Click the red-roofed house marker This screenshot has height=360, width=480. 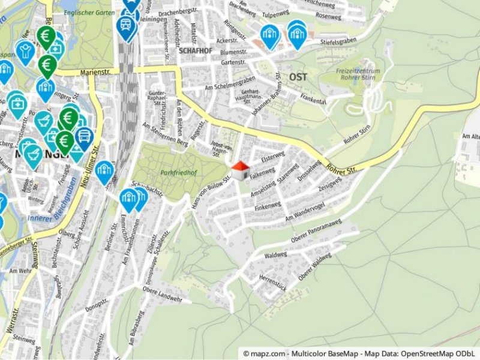(x=240, y=170)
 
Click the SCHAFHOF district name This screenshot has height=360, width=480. (x=193, y=51)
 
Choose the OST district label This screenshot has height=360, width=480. (x=298, y=77)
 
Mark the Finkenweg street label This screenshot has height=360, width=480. (x=268, y=208)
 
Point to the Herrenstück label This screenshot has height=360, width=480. (x=272, y=279)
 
